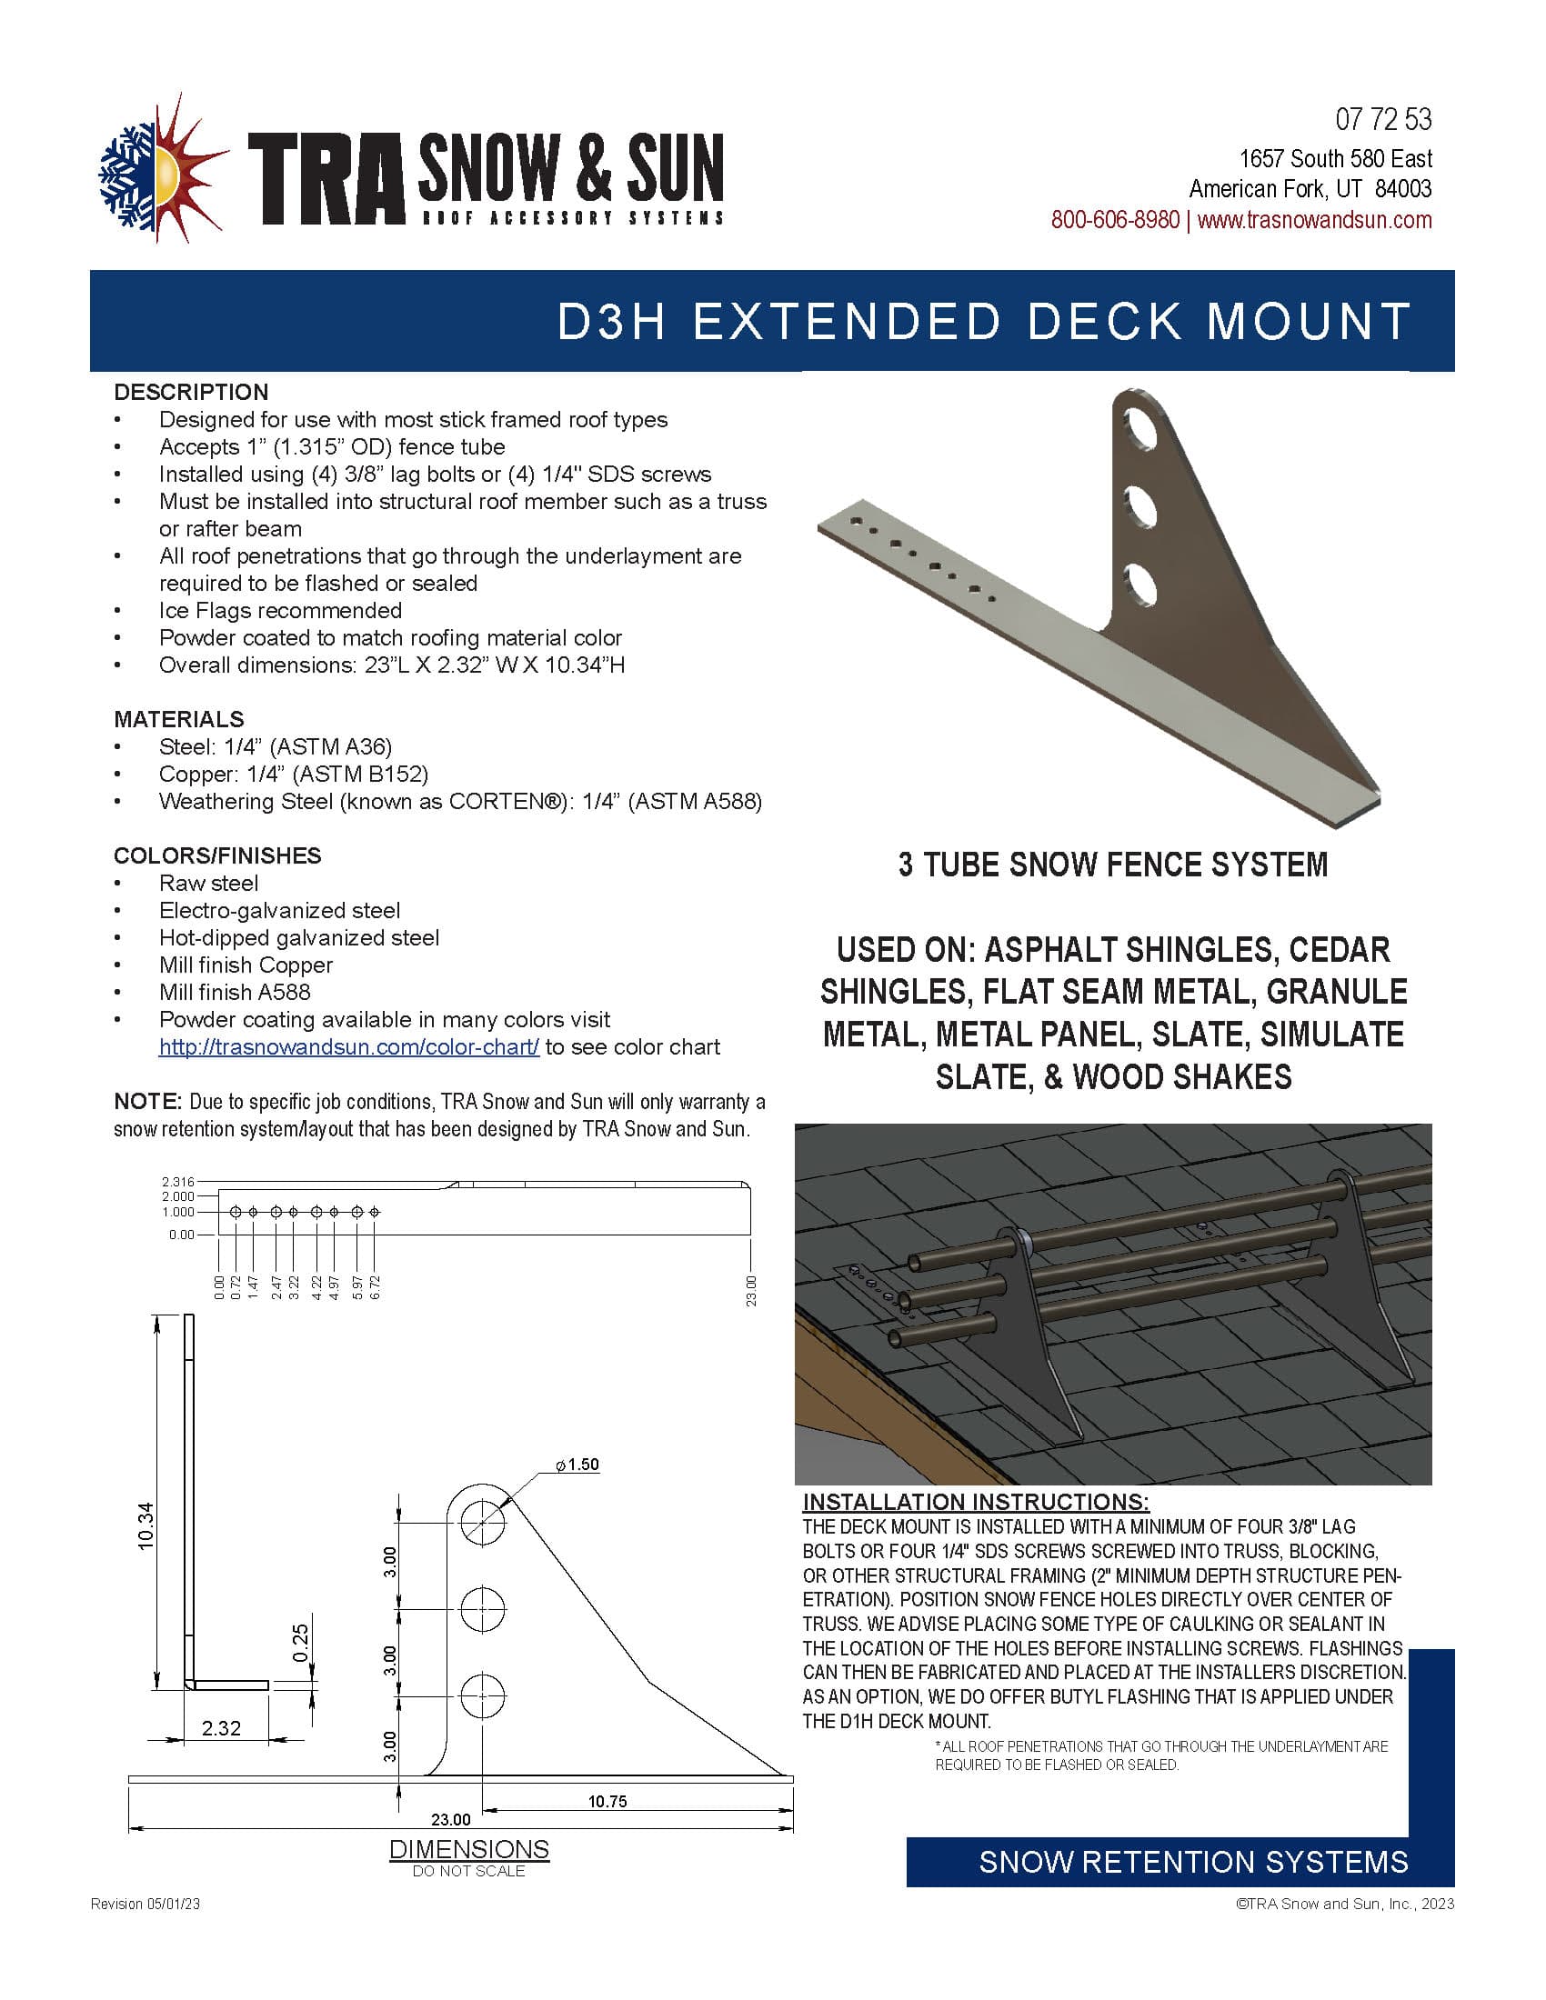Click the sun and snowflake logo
tap(163, 168)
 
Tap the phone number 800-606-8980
tap(1114, 220)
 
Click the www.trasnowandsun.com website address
tap(1314, 220)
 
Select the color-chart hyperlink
tap(349, 1046)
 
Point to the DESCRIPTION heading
tap(190, 392)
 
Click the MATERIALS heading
tap(178, 719)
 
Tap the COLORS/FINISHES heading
tap(217, 855)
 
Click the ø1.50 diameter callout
tap(577, 1465)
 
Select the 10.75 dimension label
tap(607, 1801)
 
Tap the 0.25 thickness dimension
tap(300, 1642)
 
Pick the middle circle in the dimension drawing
tap(482, 1608)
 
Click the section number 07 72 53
tap(1383, 120)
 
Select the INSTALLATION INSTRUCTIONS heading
tap(976, 1502)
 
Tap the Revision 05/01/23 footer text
tap(145, 1904)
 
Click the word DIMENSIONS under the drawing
tap(469, 1849)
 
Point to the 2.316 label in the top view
tap(177, 1181)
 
